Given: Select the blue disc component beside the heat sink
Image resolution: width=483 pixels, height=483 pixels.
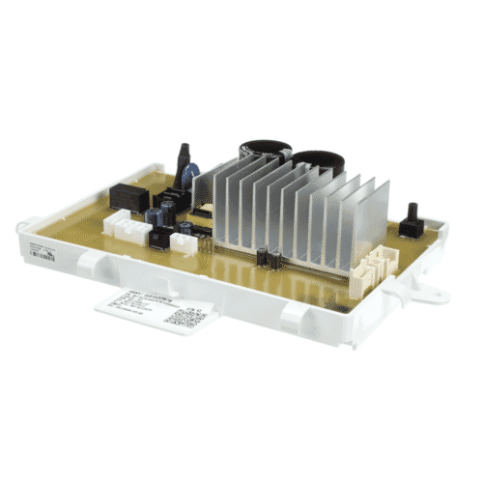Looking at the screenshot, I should point(194,175).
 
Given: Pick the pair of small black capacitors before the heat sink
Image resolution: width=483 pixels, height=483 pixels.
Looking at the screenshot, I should point(268,258).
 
